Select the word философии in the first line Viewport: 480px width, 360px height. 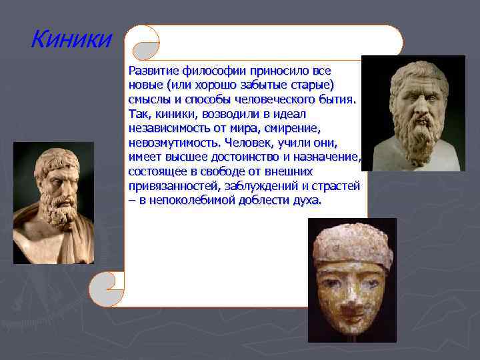(x=217, y=71)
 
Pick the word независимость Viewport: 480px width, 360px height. (x=167, y=129)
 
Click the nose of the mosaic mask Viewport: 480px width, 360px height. (x=352, y=293)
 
